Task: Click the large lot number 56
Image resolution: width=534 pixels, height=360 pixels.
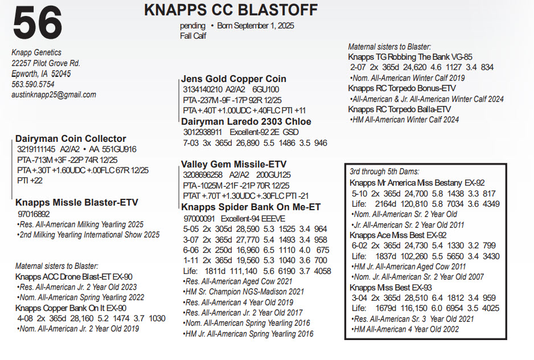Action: [x=38, y=24]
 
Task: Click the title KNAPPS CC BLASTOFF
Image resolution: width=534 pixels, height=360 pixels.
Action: [x=231, y=10]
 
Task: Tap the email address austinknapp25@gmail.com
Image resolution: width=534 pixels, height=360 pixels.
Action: [x=54, y=95]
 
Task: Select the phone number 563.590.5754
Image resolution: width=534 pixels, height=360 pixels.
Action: [x=34, y=84]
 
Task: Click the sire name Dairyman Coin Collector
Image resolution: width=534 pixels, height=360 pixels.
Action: [x=71, y=138]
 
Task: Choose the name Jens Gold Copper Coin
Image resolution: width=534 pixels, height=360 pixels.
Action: [x=233, y=79]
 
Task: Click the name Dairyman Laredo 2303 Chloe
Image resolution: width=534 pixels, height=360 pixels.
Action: [x=246, y=121]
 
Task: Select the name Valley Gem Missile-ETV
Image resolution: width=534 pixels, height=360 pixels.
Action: [x=233, y=164]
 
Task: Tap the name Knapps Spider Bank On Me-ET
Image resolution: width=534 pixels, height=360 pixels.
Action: [x=250, y=207]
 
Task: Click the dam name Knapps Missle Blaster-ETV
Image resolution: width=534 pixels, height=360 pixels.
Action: [x=77, y=202]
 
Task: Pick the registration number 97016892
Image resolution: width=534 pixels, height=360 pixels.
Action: [x=34, y=214]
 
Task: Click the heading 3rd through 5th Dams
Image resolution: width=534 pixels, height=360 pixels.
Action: [x=384, y=171]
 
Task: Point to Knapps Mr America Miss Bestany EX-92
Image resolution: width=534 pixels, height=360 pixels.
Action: [x=417, y=183]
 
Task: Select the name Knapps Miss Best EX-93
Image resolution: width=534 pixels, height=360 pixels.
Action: [x=391, y=288]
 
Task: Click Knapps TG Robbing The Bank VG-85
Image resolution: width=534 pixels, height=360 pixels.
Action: [x=410, y=57]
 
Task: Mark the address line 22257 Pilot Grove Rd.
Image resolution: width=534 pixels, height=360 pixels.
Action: [x=46, y=63]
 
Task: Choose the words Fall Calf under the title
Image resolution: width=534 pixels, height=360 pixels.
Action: [x=193, y=35]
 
